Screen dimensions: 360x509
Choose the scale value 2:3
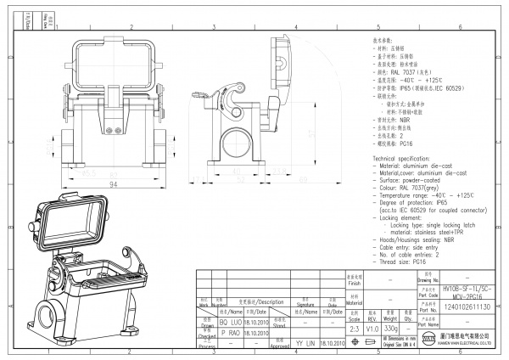[355, 329]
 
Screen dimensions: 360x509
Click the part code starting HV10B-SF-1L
[462, 292]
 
